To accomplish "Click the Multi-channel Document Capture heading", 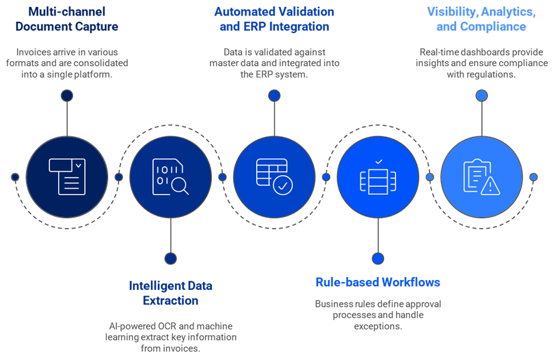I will click(67, 19).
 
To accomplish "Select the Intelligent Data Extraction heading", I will click(171, 293).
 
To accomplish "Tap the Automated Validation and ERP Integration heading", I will click(274, 19).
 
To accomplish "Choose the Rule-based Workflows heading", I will click(378, 282).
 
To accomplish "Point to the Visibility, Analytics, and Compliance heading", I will click(481, 19).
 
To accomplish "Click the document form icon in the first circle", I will click(67, 177).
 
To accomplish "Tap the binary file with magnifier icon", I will click(171, 177).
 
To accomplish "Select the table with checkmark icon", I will click(274, 177).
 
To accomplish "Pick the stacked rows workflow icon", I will click(378, 177).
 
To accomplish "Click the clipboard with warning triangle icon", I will click(481, 177).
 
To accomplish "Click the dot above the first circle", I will click(67, 96).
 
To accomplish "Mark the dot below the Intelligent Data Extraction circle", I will click(171, 258).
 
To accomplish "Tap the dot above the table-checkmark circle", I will click(274, 96).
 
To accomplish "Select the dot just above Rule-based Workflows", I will click(378, 258).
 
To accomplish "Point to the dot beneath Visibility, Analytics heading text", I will click(481, 96).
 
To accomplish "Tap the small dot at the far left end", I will click(15, 177).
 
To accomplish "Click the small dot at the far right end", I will click(533, 177).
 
